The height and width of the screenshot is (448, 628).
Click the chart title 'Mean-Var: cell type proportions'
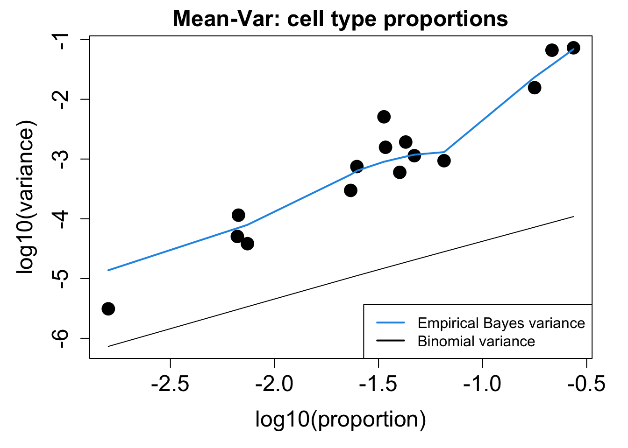[340, 19]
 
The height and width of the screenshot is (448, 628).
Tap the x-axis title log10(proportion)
[340, 419]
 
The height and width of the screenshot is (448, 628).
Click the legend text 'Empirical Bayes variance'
[501, 323]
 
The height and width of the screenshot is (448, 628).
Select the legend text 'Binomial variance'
[476, 341]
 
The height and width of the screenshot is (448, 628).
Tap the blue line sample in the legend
[391, 323]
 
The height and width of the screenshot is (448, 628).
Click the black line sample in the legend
[391, 341]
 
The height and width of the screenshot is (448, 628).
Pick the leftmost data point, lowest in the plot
[108, 308]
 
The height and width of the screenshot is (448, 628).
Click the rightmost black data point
[573, 48]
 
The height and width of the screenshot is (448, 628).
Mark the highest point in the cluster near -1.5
[384, 117]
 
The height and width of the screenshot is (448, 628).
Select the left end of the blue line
[108, 270]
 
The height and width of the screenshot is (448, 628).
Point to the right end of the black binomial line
[573, 217]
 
